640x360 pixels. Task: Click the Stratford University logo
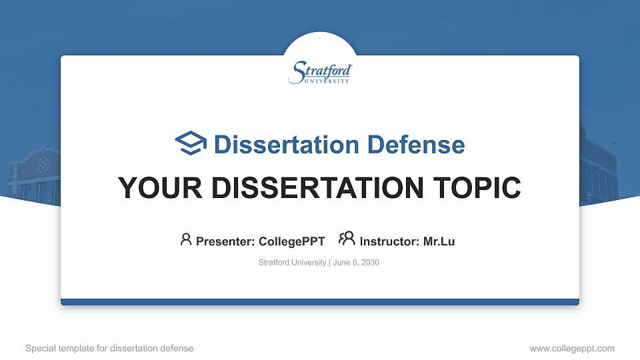pyautogui.click(x=320, y=73)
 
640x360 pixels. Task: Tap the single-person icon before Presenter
pyautogui.click(x=186, y=240)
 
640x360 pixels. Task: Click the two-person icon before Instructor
pyautogui.click(x=347, y=239)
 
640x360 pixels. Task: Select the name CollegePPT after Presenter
pyautogui.click(x=291, y=241)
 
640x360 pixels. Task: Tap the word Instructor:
pyautogui.click(x=389, y=241)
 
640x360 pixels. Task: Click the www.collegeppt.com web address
pyautogui.click(x=571, y=348)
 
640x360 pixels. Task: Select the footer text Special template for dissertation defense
pyautogui.click(x=109, y=348)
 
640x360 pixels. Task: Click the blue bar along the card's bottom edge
pyautogui.click(x=320, y=302)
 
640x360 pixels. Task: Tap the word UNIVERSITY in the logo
pyautogui.click(x=327, y=81)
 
